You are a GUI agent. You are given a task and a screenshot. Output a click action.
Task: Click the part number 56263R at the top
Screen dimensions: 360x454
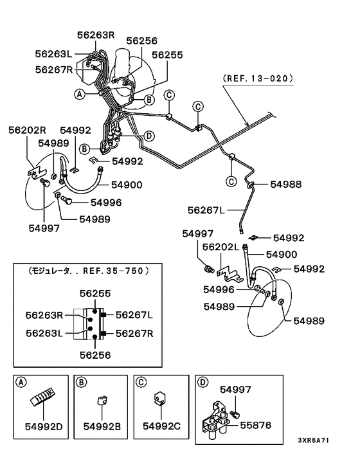coord(96,35)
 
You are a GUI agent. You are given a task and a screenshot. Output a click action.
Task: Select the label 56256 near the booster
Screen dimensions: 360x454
coord(142,41)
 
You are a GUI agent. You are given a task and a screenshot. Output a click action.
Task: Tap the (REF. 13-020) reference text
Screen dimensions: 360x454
coord(258,78)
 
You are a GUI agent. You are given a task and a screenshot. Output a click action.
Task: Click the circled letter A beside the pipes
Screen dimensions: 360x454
coord(80,94)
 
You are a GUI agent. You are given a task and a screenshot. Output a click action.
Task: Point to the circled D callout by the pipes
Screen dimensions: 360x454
coord(148,136)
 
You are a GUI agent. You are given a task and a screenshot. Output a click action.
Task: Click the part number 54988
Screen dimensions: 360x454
coord(286,185)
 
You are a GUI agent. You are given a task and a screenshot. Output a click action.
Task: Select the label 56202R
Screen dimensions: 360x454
coord(27,130)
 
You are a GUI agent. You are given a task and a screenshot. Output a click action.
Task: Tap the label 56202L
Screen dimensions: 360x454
coord(221,247)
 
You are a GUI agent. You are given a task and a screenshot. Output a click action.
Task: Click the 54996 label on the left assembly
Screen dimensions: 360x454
coord(106,203)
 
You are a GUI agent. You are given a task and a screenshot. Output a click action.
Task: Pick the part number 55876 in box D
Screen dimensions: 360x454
coord(256,425)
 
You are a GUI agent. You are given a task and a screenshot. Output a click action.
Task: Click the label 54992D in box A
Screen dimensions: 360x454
coord(44,426)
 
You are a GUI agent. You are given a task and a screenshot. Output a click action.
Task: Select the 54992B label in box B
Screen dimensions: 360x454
coord(102,426)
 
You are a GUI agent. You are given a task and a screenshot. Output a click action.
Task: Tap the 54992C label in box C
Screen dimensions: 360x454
coord(162,426)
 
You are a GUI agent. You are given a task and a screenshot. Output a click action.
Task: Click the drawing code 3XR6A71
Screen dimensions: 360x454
coord(314,440)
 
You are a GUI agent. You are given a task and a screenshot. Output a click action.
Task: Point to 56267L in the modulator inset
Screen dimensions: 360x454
coord(134,314)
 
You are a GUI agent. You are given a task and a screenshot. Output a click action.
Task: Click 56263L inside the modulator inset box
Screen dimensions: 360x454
coord(44,333)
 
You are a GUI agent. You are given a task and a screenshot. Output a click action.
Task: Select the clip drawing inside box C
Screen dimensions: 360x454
coord(159,398)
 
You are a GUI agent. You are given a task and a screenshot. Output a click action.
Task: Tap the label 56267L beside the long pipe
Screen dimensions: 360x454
coord(206,210)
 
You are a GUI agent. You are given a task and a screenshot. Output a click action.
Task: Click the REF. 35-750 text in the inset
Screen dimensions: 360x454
coord(113,271)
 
